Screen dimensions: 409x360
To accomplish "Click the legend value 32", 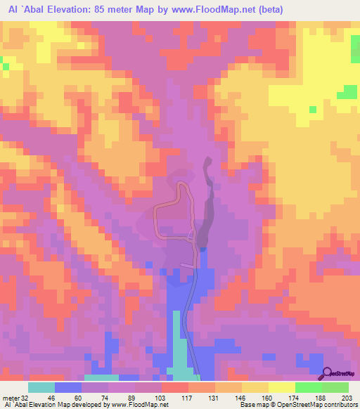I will [26, 397].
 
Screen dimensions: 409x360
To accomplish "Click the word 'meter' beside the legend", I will [10, 397].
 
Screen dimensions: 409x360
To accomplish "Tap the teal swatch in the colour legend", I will [41, 387].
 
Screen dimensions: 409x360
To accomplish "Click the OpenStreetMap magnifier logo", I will [328, 373].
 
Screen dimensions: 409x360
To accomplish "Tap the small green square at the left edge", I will [5, 66].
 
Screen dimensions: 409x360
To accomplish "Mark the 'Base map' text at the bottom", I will [252, 405].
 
